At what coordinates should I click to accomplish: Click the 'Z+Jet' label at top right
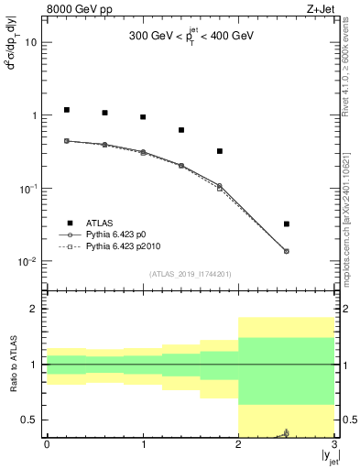320,10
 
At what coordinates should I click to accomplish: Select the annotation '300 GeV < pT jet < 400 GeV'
191,38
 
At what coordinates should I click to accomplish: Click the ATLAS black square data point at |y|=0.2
66,110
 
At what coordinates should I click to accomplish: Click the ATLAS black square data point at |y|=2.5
287,224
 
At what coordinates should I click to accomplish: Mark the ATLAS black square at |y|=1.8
220,151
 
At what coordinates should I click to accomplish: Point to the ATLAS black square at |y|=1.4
181,130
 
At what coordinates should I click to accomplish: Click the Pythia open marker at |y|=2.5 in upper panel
287,251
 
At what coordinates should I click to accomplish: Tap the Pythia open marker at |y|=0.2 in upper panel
66,141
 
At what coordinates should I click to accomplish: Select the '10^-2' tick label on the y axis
28,262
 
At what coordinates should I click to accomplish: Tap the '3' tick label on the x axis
334,445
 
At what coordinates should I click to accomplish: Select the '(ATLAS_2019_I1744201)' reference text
191,274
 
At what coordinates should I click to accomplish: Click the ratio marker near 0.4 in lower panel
287,432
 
